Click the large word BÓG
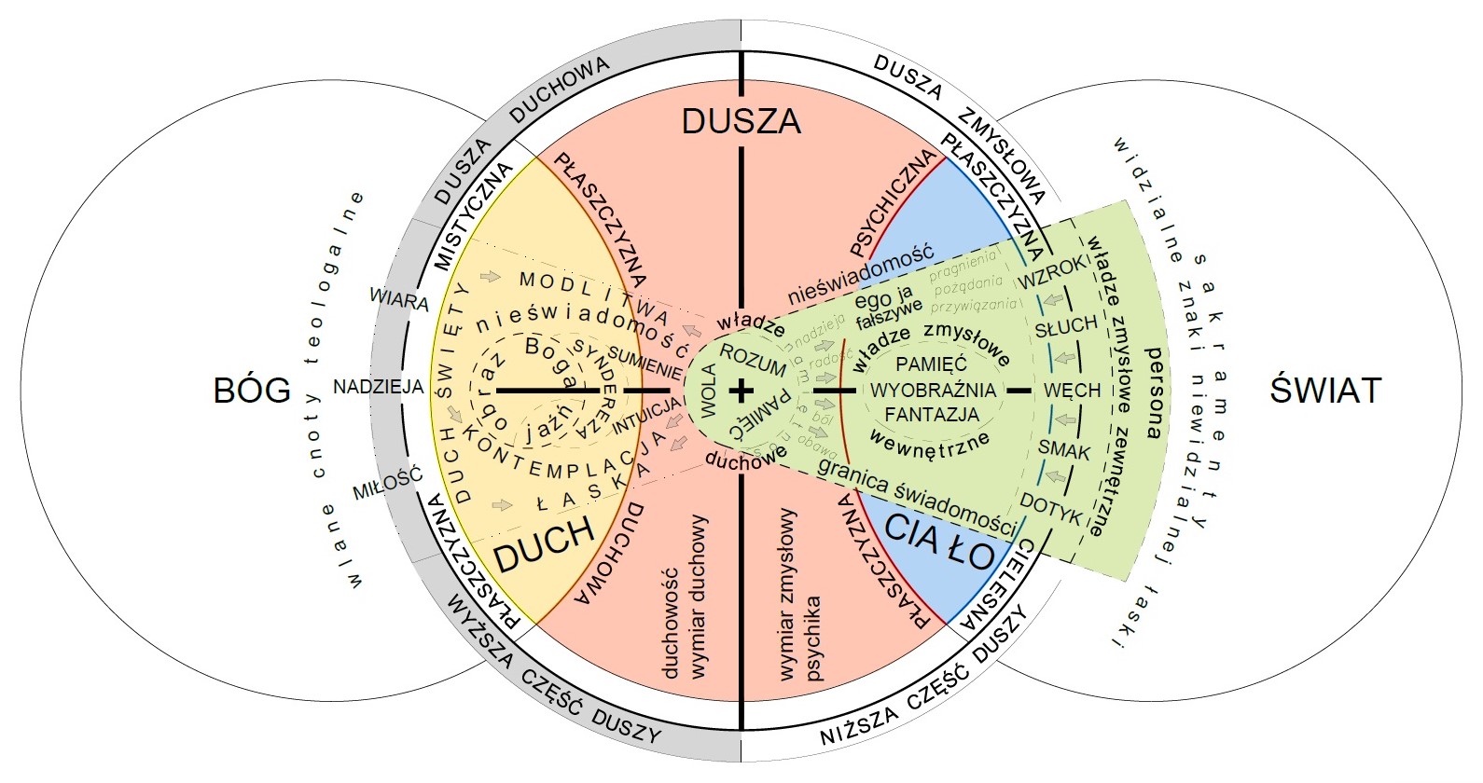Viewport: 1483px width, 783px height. coord(252,389)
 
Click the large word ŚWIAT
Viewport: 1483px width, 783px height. coord(1324,389)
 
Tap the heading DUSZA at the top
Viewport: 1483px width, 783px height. coord(741,121)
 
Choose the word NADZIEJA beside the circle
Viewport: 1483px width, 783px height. coord(379,387)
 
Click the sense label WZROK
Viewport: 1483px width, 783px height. coord(1054,271)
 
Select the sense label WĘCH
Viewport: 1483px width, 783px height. coord(1072,390)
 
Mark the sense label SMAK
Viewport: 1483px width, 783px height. coord(1064,451)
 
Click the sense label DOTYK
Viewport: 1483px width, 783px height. coord(1050,508)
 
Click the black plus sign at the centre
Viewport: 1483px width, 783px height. coord(741,391)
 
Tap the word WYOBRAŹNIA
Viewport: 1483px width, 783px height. coord(933,390)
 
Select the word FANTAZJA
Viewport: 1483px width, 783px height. coord(932,414)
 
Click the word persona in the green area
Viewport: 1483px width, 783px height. coord(1155,391)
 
